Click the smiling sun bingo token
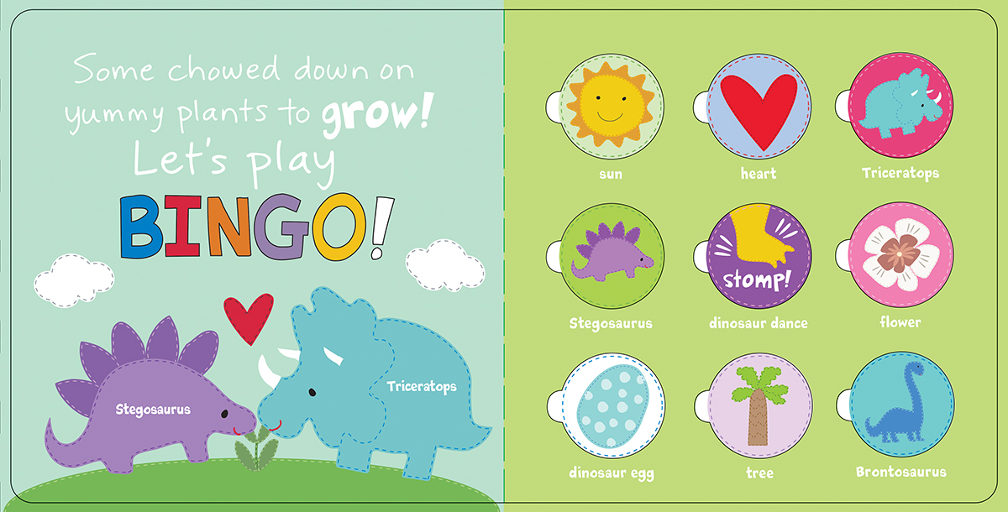(612, 107)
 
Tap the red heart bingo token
(759, 107)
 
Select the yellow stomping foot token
(759, 256)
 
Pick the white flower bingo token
(900, 254)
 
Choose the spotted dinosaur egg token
(612, 405)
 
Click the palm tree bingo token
(760, 405)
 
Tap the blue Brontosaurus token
(901, 405)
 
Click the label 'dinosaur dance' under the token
(759, 323)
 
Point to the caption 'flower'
(900, 321)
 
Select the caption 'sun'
(611, 175)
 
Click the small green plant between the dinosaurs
(256, 447)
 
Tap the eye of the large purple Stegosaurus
(224, 414)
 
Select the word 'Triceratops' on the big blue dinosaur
(422, 387)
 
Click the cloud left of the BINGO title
(74, 280)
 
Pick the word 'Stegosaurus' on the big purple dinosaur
(153, 410)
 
